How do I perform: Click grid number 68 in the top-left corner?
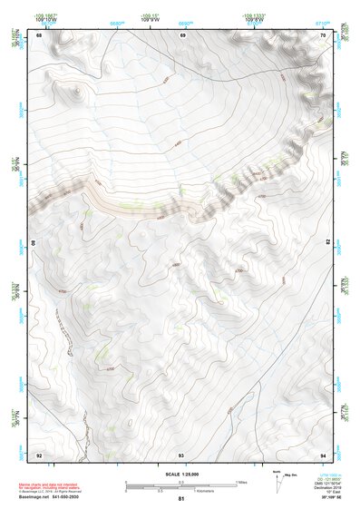40,35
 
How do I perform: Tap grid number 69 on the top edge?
182,35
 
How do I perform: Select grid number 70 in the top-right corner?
324,35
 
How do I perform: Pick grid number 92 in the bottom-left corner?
40,454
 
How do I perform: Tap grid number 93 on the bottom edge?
181,454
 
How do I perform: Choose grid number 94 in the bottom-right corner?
324,454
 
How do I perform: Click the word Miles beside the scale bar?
242,481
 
